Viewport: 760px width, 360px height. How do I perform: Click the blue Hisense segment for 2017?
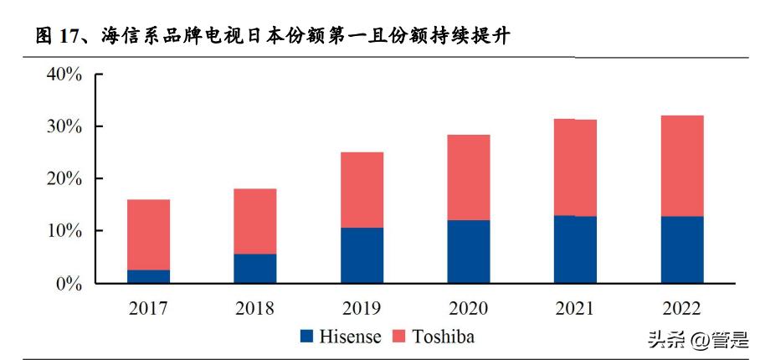point(148,276)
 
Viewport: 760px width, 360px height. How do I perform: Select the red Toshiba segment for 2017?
point(148,234)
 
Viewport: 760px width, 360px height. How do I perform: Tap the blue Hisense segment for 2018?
point(254,268)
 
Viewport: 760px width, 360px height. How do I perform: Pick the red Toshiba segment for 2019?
point(362,190)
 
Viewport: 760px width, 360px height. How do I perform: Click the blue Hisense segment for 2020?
point(468,251)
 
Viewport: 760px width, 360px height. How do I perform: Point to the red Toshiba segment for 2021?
point(575,167)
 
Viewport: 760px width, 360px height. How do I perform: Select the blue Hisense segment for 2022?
point(681,249)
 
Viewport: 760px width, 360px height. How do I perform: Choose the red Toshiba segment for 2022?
point(681,166)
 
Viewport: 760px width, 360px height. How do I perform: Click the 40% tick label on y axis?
point(64,75)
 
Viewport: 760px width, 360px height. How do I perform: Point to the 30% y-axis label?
point(64,126)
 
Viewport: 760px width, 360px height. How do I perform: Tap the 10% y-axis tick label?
point(64,231)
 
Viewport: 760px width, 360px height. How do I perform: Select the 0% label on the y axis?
point(69,283)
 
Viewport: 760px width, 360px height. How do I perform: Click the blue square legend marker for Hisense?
point(306,337)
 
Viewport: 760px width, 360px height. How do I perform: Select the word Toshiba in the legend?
point(443,337)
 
